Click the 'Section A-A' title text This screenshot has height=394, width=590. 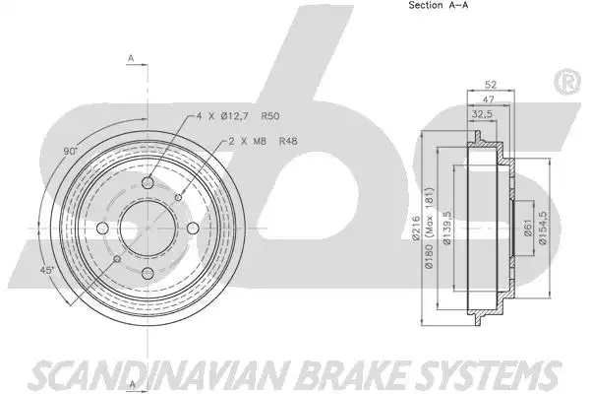pyautogui.click(x=439, y=5)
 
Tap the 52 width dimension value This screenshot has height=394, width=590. pyautogui.click(x=491, y=85)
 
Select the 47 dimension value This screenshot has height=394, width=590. pyautogui.click(x=489, y=99)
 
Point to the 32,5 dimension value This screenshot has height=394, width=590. pyautogui.click(x=482, y=114)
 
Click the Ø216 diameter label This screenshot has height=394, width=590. pyautogui.click(x=416, y=228)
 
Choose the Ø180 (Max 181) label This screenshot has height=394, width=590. pyautogui.click(x=430, y=228)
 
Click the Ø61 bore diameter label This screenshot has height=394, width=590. pyautogui.click(x=527, y=229)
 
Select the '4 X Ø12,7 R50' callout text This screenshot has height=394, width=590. pyautogui.click(x=238, y=116)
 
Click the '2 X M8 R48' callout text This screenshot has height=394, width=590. pyautogui.click(x=263, y=141)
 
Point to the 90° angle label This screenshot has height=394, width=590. pyautogui.click(x=71, y=152)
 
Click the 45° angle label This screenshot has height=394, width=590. pyautogui.click(x=47, y=270)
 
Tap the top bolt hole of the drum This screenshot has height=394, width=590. pyautogui.click(x=147, y=183)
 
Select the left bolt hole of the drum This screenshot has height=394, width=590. pyautogui.click(x=102, y=228)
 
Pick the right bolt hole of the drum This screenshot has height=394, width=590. pyautogui.click(x=193, y=228)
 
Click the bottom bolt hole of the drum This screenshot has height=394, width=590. pyautogui.click(x=147, y=274)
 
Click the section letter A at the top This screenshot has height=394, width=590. pyautogui.click(x=131, y=58)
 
